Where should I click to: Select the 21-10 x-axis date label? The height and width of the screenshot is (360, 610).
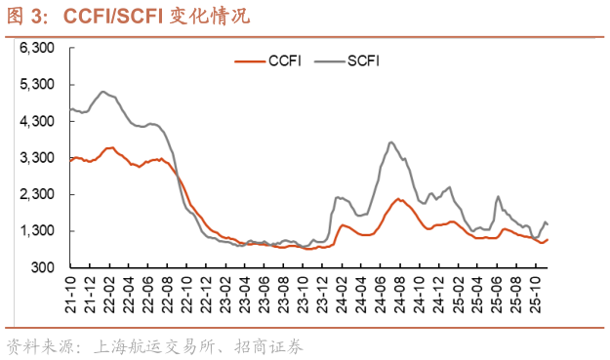[72, 290]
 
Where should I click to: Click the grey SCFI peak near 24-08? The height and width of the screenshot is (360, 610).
[390, 142]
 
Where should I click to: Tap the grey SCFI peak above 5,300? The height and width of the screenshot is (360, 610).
[103, 92]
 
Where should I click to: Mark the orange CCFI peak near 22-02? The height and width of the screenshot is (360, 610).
[110, 147]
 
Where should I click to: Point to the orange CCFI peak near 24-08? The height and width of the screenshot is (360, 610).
[398, 199]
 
